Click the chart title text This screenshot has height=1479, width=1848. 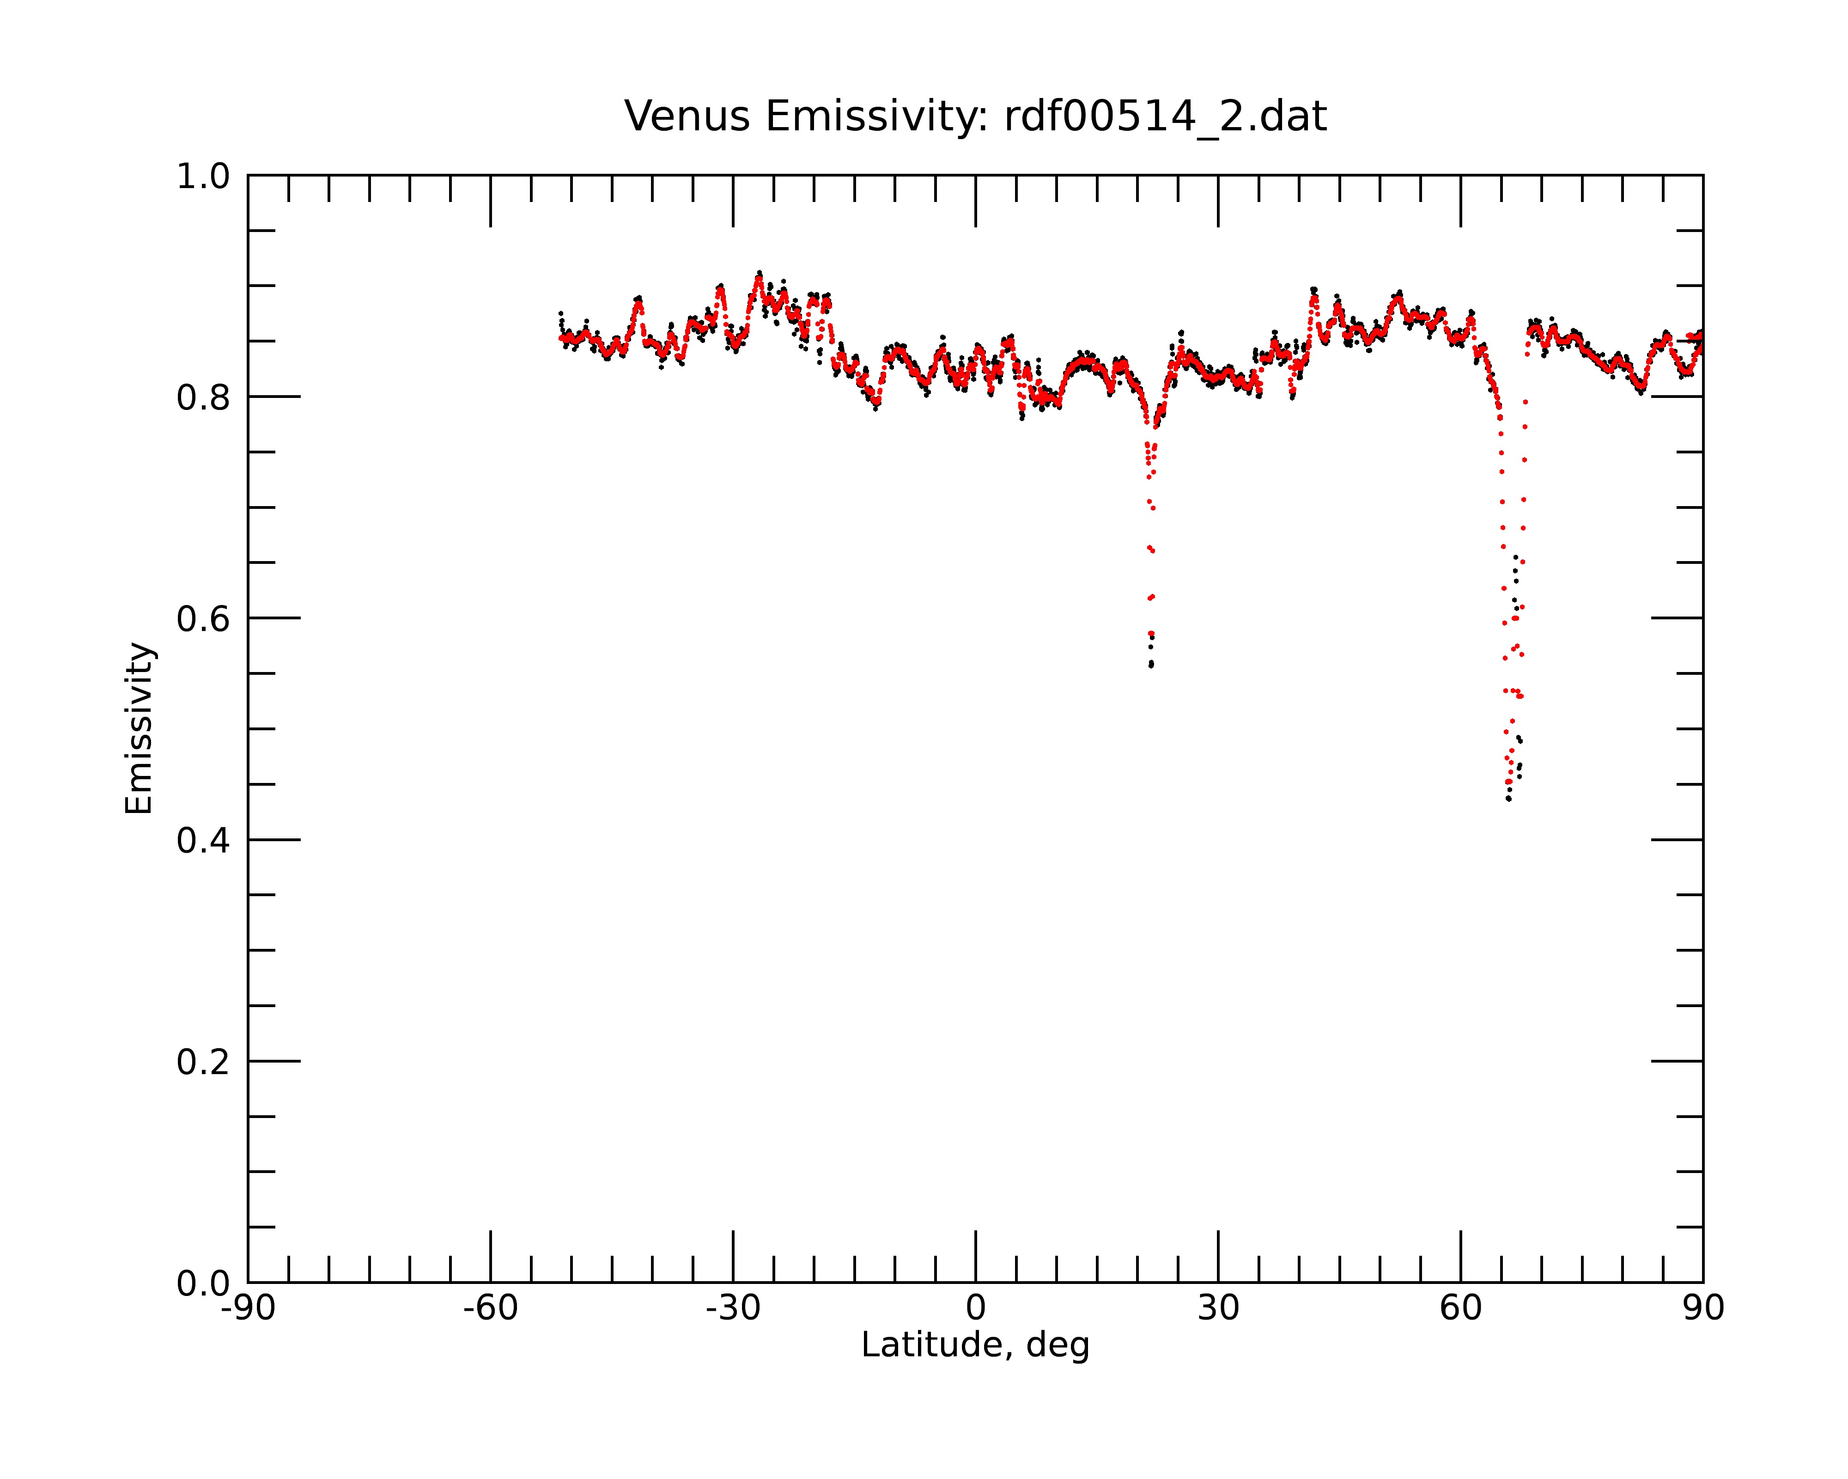click(x=975, y=116)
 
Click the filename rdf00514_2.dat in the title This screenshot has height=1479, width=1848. click(x=1165, y=116)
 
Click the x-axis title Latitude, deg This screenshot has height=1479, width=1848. click(x=975, y=1345)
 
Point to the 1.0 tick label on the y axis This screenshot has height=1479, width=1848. click(x=203, y=177)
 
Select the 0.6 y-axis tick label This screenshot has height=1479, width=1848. click(x=203, y=619)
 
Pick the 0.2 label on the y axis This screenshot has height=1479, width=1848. click(x=203, y=1062)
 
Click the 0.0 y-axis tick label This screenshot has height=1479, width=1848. click(x=203, y=1283)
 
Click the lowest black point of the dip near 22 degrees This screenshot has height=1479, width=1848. click(x=1151, y=666)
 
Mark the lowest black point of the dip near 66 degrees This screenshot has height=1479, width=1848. click(x=1508, y=799)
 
